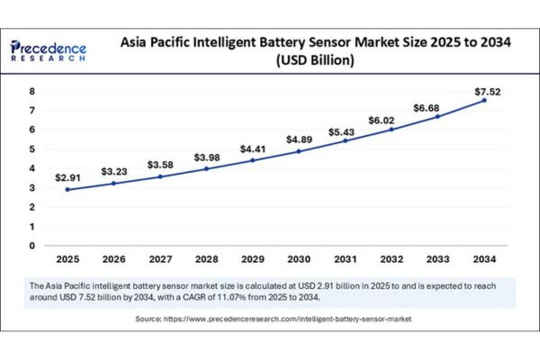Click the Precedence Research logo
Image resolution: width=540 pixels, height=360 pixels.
point(49,51)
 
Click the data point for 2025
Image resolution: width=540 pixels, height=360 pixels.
point(67,190)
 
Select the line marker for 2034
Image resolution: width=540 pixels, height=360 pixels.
point(484,100)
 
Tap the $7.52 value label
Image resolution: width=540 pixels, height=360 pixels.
point(487,92)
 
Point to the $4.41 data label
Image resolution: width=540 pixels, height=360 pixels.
point(253,149)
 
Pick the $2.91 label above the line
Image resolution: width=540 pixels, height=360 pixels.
point(67,178)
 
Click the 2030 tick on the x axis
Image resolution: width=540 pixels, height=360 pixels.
point(299,259)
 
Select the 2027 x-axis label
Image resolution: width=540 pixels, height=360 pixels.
point(160,259)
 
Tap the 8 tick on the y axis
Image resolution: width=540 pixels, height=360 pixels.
point(32,91)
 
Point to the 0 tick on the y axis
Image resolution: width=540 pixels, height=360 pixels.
point(32,246)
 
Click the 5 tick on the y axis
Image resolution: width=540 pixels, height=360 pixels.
point(32,149)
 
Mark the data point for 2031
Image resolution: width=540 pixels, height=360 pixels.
point(346,141)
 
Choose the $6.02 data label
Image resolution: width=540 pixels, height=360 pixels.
point(382,121)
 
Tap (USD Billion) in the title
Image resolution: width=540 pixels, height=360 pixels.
point(315,60)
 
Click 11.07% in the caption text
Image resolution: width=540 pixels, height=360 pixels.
point(231,297)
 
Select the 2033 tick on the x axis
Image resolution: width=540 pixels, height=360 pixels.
point(437,259)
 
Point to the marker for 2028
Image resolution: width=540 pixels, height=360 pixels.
point(206,169)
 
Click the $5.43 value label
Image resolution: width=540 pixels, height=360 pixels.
point(341,132)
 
